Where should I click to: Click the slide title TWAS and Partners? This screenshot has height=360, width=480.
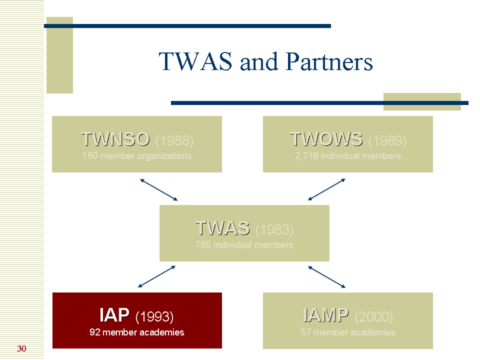pyautogui.click(x=265, y=62)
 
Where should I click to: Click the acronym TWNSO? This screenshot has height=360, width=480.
pyautogui.click(x=115, y=139)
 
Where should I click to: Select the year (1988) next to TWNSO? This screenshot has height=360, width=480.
pyautogui.click(x=174, y=141)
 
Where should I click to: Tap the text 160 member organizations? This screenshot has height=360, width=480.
pyautogui.click(x=137, y=156)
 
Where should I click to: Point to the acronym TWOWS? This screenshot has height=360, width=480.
pyautogui.click(x=326, y=139)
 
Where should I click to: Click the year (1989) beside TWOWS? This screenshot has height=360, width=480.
pyautogui.click(x=387, y=141)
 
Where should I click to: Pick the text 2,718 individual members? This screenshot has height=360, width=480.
pyautogui.click(x=348, y=156)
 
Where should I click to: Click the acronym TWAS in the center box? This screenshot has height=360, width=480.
pyautogui.click(x=223, y=228)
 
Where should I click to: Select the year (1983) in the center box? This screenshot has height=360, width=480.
pyautogui.click(x=274, y=230)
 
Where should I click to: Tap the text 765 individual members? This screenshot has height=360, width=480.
pyautogui.click(x=244, y=245)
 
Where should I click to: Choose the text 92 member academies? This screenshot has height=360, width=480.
pyautogui.click(x=137, y=332)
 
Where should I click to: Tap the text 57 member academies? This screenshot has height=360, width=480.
pyautogui.click(x=348, y=332)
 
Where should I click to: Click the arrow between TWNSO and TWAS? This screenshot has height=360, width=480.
pyautogui.click(x=159, y=190)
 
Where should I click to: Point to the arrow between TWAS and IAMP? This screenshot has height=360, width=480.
pyautogui.click(x=327, y=277)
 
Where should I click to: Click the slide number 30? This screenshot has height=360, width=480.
pyautogui.click(x=22, y=349)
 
